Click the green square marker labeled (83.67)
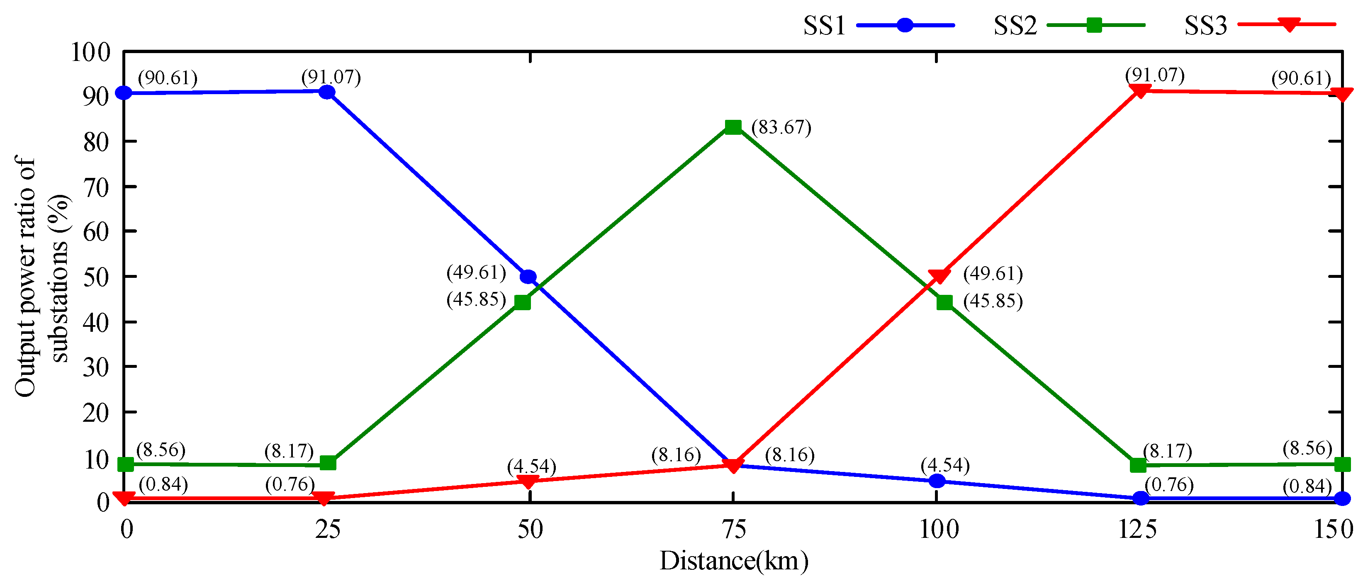733,127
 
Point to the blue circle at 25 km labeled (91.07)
327,92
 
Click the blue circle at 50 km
528,277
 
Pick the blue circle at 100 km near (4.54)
937,481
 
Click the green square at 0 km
125,464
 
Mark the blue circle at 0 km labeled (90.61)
124,93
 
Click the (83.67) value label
781,128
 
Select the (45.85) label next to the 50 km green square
476,300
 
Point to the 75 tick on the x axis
733,530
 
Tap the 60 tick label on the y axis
96,232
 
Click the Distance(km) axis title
734,562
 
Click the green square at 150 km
1342,464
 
